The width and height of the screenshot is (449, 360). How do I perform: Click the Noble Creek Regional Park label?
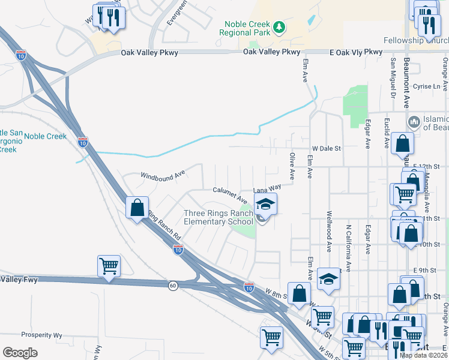pyautogui.click(x=246, y=28)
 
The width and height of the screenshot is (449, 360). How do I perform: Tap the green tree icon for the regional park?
pyautogui.click(x=279, y=27)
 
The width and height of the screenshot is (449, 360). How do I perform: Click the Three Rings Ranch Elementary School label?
pyautogui.click(x=218, y=217)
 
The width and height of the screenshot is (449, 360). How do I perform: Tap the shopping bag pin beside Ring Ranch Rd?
pyautogui.click(x=137, y=208)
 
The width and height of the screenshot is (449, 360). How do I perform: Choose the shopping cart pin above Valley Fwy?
pyautogui.click(x=109, y=266)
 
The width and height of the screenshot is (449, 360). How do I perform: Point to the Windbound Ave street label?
pyautogui.click(x=163, y=176)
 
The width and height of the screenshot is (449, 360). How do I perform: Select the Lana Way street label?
pyautogui.click(x=267, y=189)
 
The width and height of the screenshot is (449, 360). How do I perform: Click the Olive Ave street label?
pyautogui.click(x=292, y=166)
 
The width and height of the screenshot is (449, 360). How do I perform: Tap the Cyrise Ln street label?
pyautogui.click(x=427, y=86)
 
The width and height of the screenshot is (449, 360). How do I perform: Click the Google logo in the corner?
pyautogui.click(x=20, y=353)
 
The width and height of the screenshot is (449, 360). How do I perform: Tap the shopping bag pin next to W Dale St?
pyautogui.click(x=402, y=145)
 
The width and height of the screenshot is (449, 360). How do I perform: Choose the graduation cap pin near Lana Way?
pyautogui.click(x=265, y=204)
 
